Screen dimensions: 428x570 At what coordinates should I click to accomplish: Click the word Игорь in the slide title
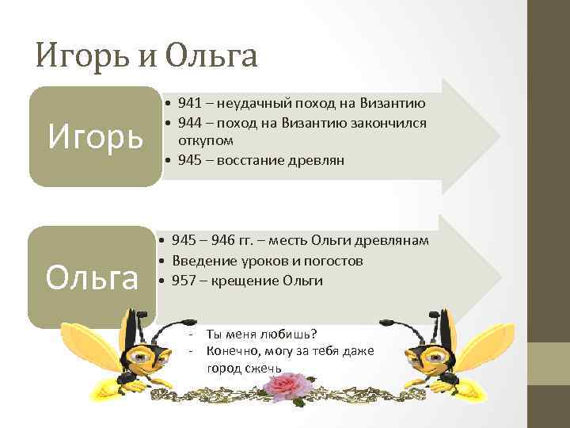coord(82,56)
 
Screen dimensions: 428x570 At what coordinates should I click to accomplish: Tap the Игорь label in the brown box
coord(95,136)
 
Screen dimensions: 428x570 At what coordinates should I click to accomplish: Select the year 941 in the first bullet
coord(189,103)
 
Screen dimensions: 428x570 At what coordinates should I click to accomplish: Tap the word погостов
coord(334,261)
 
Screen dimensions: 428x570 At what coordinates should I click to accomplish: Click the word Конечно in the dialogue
coord(229,351)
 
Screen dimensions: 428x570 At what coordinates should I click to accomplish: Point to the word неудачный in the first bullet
coord(252,103)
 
